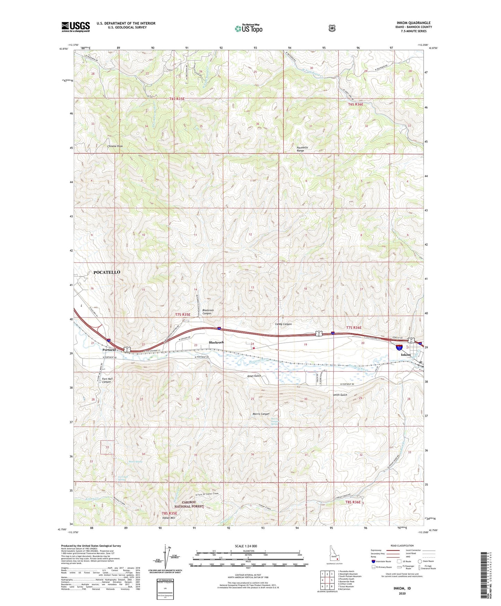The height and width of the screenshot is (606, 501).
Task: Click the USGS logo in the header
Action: (76, 27)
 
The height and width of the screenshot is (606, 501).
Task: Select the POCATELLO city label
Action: (107, 272)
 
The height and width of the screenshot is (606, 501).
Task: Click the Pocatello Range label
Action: (302, 149)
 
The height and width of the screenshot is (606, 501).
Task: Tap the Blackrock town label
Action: (216, 342)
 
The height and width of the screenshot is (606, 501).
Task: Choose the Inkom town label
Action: (406, 355)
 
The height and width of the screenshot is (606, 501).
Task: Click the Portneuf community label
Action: (109, 350)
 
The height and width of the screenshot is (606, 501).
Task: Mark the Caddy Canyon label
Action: (283, 324)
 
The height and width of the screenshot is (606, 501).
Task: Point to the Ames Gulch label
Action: (254, 376)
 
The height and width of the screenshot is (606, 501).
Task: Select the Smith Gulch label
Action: (340, 395)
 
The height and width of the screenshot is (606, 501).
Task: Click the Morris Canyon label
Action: (261, 414)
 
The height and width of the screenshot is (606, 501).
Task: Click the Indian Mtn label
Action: (169, 518)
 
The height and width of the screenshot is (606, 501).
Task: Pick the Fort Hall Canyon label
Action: (106, 380)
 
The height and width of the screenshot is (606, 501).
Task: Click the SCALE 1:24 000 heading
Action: (246, 546)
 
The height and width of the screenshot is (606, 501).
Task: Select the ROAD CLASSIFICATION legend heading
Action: (402, 546)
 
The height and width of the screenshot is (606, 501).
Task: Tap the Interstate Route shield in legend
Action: (373, 561)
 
